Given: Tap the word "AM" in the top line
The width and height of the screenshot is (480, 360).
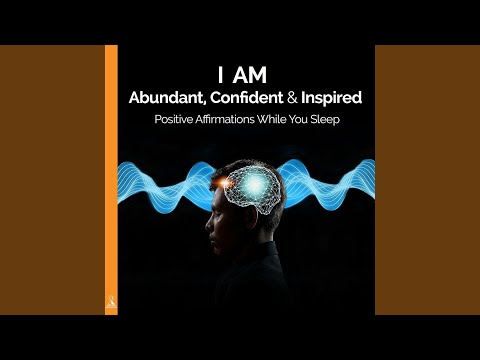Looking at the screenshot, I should tap(251, 74).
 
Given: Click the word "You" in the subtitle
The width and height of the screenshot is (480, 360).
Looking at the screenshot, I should tap(319, 123).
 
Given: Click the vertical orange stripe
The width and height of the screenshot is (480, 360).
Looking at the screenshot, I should tap(111, 170).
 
